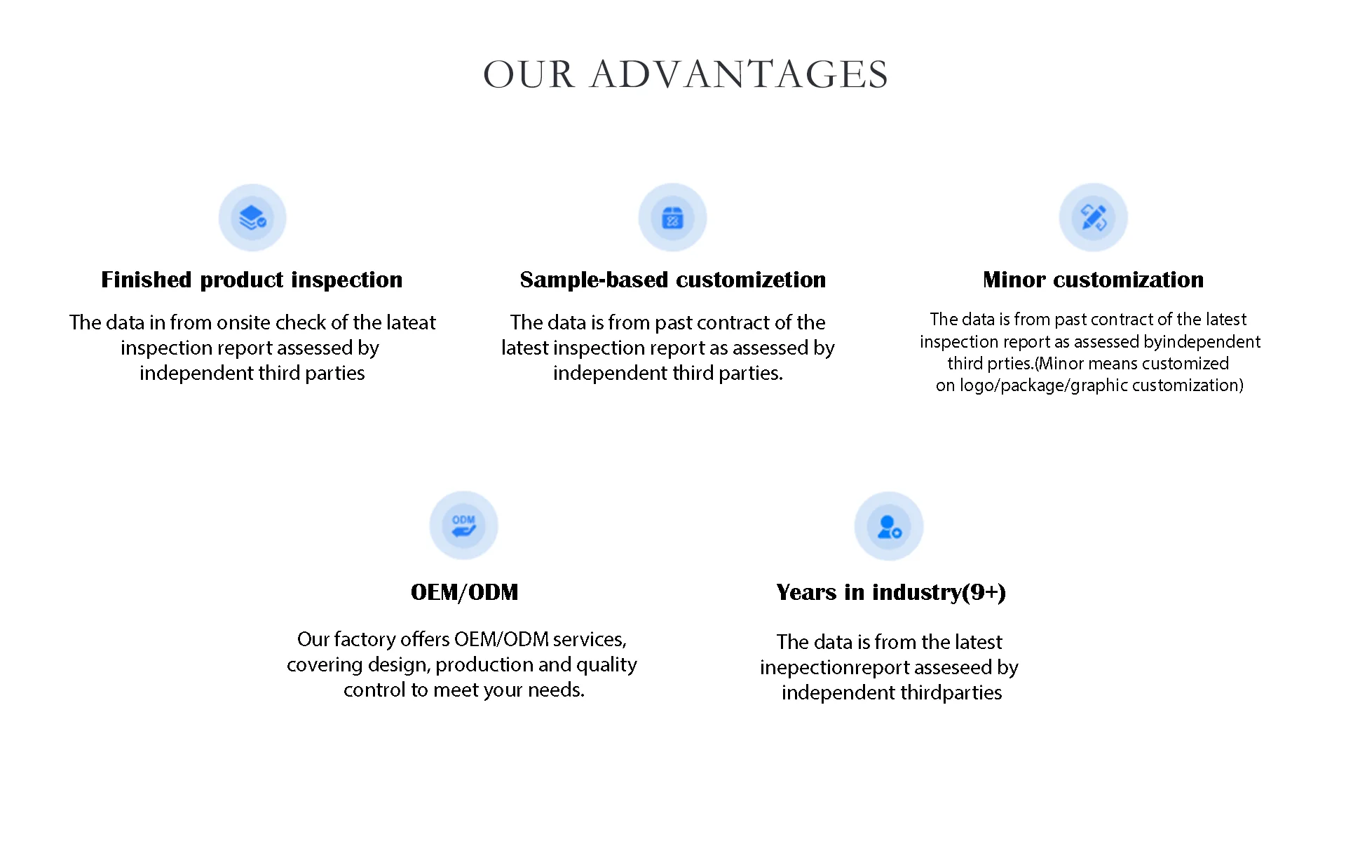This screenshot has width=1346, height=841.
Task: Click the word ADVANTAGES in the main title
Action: [740, 74]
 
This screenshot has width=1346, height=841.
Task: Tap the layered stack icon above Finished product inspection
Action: [252, 218]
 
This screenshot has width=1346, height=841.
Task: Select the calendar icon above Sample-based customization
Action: [672, 218]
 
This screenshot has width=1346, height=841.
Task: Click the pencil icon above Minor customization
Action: [1094, 218]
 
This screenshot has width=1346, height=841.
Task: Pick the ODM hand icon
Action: [463, 526]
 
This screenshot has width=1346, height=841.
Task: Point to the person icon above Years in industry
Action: [889, 526]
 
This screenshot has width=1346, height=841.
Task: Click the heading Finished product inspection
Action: [252, 280]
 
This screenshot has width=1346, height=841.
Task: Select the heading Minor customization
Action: [1093, 280]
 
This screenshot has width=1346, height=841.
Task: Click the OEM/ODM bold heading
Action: [464, 592]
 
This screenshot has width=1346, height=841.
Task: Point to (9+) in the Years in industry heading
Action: [984, 592]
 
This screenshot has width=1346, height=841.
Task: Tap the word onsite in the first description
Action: [244, 322]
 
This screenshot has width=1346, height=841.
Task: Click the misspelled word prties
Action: [1008, 364]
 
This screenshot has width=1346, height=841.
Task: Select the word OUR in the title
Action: [529, 74]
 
